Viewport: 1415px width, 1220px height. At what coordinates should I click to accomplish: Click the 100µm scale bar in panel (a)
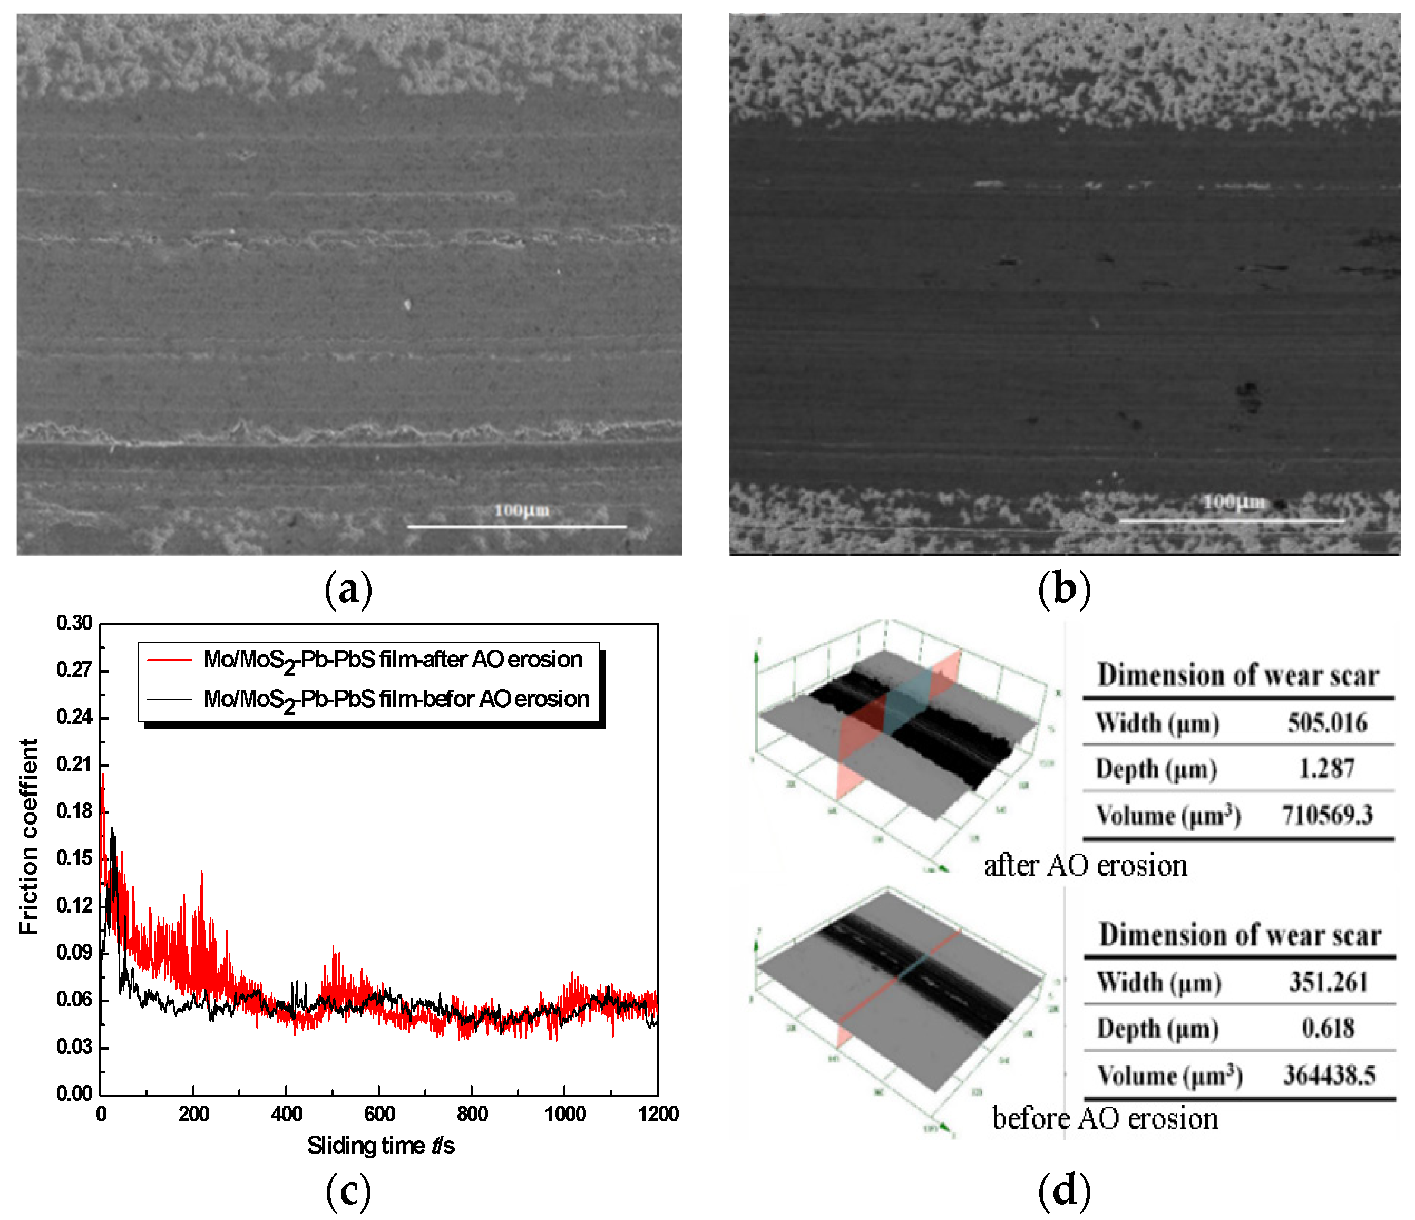[516, 526]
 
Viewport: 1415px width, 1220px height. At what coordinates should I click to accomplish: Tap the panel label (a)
[348, 589]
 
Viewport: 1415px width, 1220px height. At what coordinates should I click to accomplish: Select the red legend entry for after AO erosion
[393, 660]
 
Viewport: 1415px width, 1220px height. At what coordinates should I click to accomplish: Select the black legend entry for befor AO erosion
[396, 700]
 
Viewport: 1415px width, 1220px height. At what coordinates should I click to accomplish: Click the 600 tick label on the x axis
[379, 1114]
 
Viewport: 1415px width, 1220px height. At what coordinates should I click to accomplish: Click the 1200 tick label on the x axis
[658, 1114]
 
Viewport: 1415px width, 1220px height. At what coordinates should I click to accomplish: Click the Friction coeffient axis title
[28, 836]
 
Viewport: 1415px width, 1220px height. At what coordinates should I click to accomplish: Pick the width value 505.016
[1327, 723]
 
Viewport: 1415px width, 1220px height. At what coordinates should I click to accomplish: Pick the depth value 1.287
[1326, 769]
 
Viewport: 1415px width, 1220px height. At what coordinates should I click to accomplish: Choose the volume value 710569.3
[1327, 815]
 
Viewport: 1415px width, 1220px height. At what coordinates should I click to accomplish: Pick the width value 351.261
[1328, 982]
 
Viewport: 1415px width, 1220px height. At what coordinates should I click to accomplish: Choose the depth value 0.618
[1328, 1028]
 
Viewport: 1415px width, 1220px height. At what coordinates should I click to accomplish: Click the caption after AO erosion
[1085, 866]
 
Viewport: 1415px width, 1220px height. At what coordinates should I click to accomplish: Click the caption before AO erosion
[1104, 1119]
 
